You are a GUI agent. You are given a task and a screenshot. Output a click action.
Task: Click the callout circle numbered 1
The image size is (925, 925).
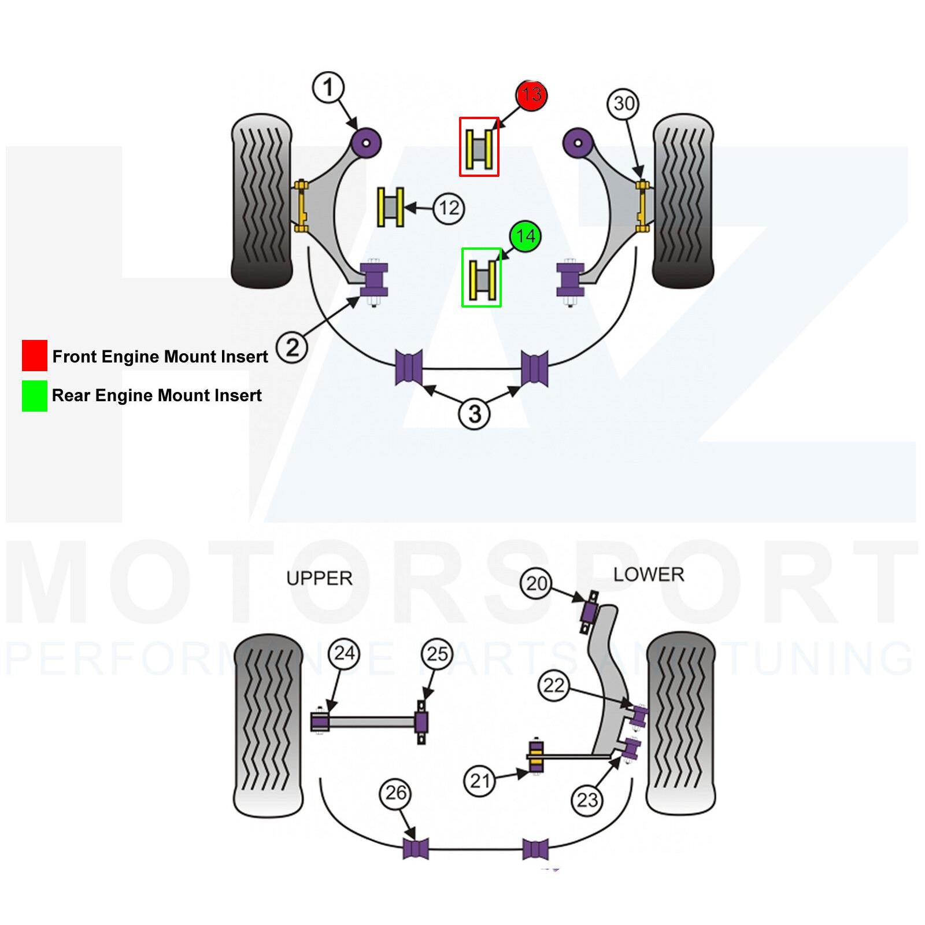tap(328, 88)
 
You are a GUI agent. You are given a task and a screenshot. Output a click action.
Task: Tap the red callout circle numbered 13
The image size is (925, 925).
tap(531, 95)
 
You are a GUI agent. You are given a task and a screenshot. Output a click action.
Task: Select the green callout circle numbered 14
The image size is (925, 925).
tap(525, 236)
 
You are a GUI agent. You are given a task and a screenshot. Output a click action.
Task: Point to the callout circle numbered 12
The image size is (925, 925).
tap(449, 208)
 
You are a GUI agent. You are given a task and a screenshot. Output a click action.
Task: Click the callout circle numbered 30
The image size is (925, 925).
tap(623, 104)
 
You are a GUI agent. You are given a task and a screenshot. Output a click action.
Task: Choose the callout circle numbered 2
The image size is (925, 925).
tap(292, 347)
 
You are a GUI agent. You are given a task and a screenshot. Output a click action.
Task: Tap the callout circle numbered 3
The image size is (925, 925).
tap(474, 414)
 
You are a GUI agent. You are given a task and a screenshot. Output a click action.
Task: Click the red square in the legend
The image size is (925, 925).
tap(35, 356)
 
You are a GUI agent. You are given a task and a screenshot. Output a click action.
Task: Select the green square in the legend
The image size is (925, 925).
tap(35, 396)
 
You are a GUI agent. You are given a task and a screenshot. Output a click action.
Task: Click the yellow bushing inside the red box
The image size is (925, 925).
tap(479, 147)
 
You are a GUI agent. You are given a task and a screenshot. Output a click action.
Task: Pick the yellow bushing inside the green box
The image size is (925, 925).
tap(482, 278)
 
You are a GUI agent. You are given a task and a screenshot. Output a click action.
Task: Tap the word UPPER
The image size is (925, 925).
tap(319, 578)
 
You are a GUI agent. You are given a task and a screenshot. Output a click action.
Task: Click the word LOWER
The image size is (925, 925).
tap(649, 575)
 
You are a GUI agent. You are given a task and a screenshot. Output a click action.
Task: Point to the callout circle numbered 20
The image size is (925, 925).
tap(536, 584)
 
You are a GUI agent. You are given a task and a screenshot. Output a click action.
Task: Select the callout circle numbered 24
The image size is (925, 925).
tap(344, 654)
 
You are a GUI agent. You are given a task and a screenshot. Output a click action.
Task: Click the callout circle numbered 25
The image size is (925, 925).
tap(437, 654)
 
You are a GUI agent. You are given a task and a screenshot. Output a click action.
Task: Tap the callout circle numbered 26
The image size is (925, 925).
tap(395, 793)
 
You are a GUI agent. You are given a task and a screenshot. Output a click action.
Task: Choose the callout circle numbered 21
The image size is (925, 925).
tap(480, 782)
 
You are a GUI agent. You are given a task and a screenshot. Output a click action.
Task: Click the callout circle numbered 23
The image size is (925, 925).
tap(587, 801)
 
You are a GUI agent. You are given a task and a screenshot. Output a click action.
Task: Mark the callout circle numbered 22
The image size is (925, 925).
tap(553, 686)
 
